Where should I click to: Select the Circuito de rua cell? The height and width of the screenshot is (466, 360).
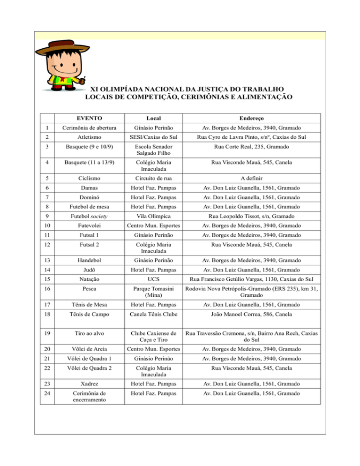tap(155, 179)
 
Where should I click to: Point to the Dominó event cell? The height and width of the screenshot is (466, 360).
tap(90, 200)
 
